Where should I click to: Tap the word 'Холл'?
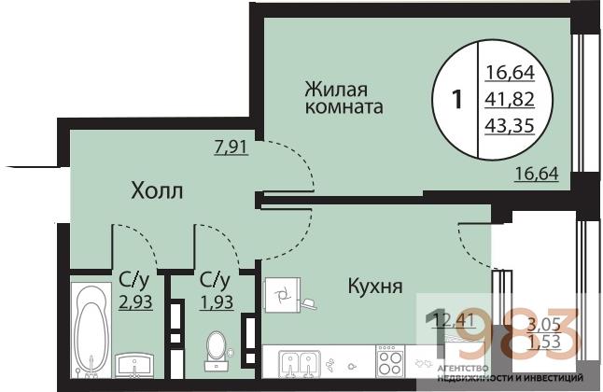157,192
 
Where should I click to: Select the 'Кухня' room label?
375,286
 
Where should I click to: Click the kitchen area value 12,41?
453,323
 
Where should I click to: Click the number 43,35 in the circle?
511,124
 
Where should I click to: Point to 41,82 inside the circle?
511,96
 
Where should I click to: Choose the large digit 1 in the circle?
456,98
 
